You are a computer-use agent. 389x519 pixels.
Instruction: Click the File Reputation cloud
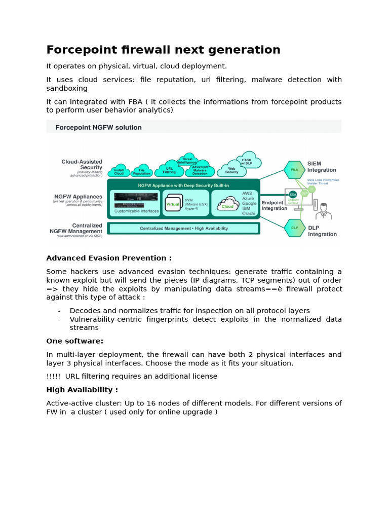(142, 171)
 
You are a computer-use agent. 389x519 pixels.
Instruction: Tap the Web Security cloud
(231, 170)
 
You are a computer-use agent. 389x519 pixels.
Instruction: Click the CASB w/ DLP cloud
(247, 161)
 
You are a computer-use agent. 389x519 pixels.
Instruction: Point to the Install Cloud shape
(119, 171)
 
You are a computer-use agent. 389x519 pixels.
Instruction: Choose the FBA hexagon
(294, 170)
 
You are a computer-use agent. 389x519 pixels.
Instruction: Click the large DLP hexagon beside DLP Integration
(294, 228)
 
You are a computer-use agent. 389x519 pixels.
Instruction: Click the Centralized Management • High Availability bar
(183, 229)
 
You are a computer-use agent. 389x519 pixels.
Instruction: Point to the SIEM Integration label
(322, 167)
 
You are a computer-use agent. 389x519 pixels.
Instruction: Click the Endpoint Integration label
(274, 205)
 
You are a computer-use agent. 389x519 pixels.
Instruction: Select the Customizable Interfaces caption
(136, 211)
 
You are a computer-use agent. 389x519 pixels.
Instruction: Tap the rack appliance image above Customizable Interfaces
(136, 199)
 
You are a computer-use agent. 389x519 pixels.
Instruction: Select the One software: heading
(74, 341)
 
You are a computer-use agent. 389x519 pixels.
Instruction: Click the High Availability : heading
(82, 390)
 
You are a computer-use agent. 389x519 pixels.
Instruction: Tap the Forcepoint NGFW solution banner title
(98, 127)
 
